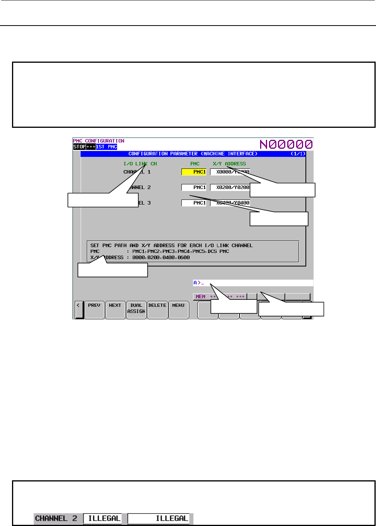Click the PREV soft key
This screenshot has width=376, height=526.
(x=94, y=309)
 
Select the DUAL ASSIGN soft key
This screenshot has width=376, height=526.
(x=136, y=309)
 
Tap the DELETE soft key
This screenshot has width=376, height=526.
(x=157, y=309)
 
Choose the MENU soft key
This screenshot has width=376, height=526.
(x=178, y=309)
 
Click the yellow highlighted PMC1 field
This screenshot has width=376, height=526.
(x=194, y=172)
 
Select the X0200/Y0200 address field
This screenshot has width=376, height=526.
(x=230, y=187)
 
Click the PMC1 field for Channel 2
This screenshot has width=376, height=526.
(x=194, y=187)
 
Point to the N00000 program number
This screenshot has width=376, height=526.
(x=286, y=144)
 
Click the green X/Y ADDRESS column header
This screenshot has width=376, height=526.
(x=229, y=164)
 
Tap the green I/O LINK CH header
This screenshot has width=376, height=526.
(x=140, y=164)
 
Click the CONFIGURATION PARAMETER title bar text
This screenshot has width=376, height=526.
(x=193, y=154)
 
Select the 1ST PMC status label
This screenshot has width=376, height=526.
(x=107, y=147)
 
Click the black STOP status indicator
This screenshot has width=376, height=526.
(x=79, y=147)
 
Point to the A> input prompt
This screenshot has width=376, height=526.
(x=197, y=283)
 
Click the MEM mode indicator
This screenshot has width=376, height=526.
(x=200, y=297)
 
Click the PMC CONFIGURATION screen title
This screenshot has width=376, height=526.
(x=99, y=141)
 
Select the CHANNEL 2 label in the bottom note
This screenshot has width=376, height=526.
(x=56, y=518)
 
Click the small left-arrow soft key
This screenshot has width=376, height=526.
(x=79, y=309)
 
